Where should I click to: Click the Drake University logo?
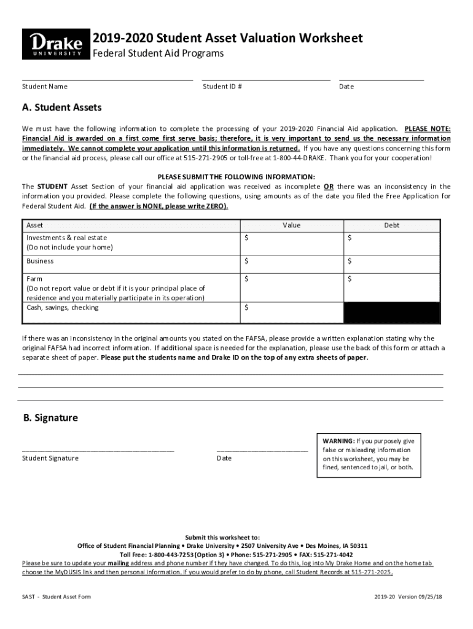pos(55,45)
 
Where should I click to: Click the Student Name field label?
pos(45,87)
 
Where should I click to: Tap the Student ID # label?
pos(222,87)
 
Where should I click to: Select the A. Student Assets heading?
pos(61,108)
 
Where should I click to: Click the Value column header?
pos(291,225)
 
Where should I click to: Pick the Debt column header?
pos(391,225)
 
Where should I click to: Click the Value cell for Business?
pos(291,262)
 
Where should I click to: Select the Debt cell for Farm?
pos(391,287)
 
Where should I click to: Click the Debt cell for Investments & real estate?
pos(391,243)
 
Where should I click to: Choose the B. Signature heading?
pos(50,418)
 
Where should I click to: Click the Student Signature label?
pos(50,458)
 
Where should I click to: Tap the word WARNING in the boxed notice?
pos(338,441)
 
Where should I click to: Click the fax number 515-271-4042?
pos(335,554)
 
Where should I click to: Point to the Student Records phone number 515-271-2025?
pos(371,572)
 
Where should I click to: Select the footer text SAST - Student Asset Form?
pos(57,597)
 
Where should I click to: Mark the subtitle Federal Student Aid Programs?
pos(158,54)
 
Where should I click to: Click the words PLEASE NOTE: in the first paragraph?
pos(427,129)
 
